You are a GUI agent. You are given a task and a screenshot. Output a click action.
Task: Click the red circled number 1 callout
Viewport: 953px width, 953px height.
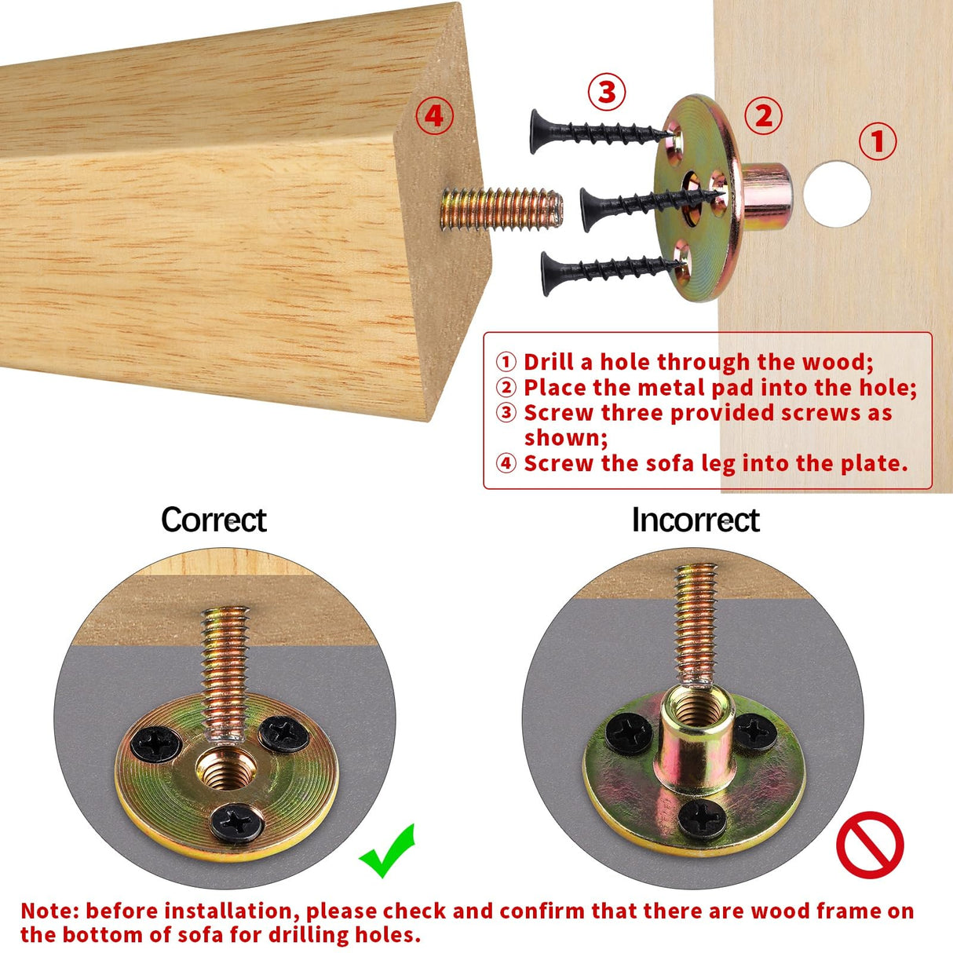[x=877, y=142]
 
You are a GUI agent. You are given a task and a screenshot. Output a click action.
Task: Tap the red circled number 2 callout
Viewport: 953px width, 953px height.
[x=763, y=116]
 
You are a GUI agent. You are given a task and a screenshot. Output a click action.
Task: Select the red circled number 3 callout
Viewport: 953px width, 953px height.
[x=607, y=93]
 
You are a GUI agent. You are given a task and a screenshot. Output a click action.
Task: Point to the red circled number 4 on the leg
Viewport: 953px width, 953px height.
[x=434, y=116]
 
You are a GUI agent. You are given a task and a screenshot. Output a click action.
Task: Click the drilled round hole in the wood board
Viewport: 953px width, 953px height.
[x=837, y=194]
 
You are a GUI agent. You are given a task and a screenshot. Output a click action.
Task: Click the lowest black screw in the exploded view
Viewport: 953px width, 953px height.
[x=604, y=271]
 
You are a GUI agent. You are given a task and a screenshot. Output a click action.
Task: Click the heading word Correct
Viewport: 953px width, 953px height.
[x=214, y=520]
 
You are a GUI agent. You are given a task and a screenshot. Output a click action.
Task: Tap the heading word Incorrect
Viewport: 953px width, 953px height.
[x=696, y=520]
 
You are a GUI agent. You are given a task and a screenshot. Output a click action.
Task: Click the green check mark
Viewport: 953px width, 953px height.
[x=388, y=852]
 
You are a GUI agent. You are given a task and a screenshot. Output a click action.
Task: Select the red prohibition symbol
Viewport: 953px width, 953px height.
[x=870, y=845]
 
